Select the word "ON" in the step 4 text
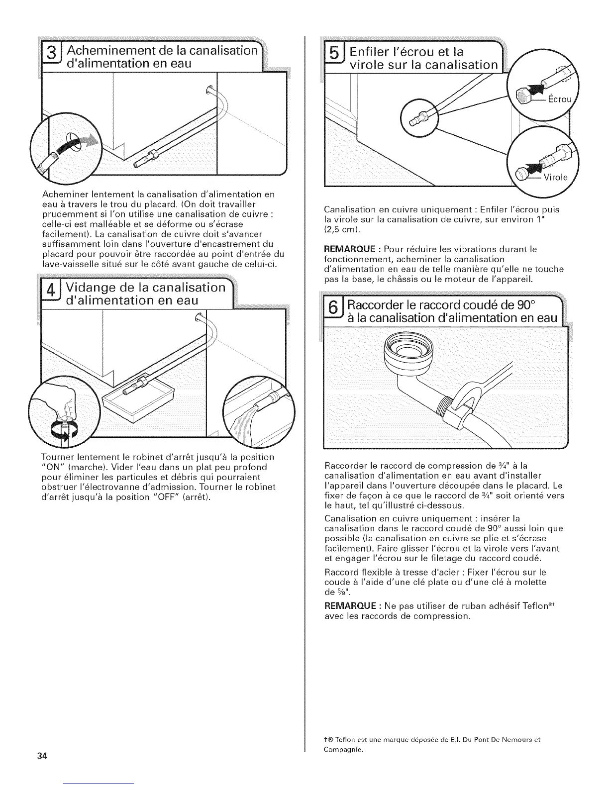coord(51,467)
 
